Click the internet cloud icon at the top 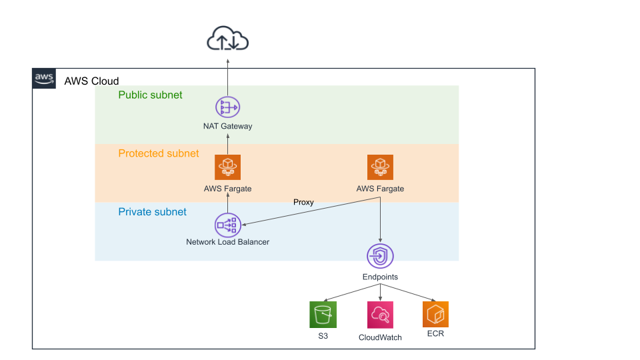(227, 40)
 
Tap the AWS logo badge (44, 78)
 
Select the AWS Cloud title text (91, 81)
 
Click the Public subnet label (150, 95)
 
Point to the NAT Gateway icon (227, 107)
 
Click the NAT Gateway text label (227, 126)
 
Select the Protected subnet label (158, 153)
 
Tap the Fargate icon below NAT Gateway (227, 167)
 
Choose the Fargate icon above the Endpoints (380, 167)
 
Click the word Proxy (303, 202)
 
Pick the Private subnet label (152, 212)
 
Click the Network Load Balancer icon (227, 225)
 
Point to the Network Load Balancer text (227, 242)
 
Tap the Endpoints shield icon (380, 256)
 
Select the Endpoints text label (380, 277)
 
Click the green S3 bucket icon (323, 314)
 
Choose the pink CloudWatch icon (380, 314)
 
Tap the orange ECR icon (435, 314)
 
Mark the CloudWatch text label (380, 337)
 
